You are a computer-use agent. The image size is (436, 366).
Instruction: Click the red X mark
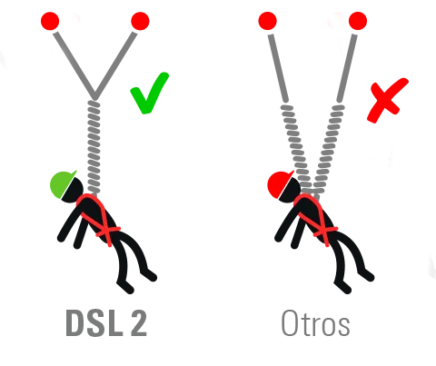pos(387,101)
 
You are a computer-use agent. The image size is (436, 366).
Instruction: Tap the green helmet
pos(62,184)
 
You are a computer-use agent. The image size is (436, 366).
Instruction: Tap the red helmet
pos(279,184)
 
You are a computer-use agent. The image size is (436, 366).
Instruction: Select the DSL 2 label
pos(106,323)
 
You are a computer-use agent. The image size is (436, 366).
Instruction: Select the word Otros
pos(315,323)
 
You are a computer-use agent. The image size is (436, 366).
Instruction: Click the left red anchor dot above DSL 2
pos(50,21)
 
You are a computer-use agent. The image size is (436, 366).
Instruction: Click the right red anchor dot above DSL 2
pos(140,21)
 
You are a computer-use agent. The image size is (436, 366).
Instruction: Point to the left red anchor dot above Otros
pos(267,21)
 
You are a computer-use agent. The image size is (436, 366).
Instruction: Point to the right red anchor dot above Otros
pos(358,21)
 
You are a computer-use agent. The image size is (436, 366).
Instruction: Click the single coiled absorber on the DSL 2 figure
pos(94,147)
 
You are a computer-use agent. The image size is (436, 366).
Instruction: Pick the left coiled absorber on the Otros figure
pos(297,147)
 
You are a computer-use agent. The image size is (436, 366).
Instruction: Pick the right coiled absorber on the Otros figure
pos(329,147)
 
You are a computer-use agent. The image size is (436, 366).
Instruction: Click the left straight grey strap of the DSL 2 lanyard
pos(74,65)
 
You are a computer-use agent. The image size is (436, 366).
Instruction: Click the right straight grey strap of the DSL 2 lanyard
pos(115,65)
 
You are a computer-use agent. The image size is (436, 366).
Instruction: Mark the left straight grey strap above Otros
pos(278,68)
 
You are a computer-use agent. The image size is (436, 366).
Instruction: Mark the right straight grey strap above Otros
pos(347,68)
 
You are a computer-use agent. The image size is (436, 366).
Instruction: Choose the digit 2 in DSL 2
pos(139,323)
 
